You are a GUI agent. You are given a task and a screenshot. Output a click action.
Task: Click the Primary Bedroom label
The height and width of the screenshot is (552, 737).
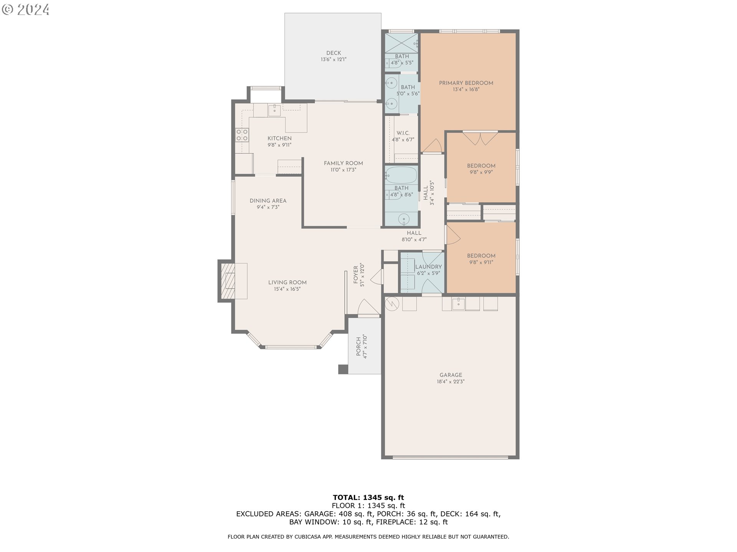466,83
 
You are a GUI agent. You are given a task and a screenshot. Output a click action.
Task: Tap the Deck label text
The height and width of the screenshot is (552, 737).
334,53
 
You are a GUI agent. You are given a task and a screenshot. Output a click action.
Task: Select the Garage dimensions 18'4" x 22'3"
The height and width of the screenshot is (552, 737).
451,382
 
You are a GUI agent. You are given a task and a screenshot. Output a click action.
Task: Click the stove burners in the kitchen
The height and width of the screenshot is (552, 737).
242,135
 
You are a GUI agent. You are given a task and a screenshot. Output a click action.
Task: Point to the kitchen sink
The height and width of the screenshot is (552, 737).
274,110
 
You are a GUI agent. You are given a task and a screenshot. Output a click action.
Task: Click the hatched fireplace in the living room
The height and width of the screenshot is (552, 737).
228,281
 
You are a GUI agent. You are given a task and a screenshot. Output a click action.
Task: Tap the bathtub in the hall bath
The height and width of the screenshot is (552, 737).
402,175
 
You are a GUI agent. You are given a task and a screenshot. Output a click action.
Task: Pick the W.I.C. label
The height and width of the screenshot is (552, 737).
403,133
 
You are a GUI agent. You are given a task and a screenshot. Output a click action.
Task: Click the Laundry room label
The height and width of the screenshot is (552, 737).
428,267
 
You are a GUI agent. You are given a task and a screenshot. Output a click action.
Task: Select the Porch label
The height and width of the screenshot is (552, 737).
359,347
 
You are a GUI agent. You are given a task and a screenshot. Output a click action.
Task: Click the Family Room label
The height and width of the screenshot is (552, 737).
343,163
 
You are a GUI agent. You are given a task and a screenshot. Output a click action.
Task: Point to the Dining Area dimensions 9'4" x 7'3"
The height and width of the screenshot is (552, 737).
268,207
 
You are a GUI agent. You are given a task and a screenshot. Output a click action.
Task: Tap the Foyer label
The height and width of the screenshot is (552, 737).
356,275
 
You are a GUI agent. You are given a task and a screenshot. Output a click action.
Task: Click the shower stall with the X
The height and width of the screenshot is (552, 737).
402,43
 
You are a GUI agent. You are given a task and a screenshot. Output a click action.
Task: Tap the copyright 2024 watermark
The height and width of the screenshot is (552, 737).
26,10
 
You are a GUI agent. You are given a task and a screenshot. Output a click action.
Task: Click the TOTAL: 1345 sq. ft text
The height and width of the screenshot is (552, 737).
368,498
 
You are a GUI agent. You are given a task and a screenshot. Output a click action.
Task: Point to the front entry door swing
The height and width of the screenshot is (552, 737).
369,307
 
